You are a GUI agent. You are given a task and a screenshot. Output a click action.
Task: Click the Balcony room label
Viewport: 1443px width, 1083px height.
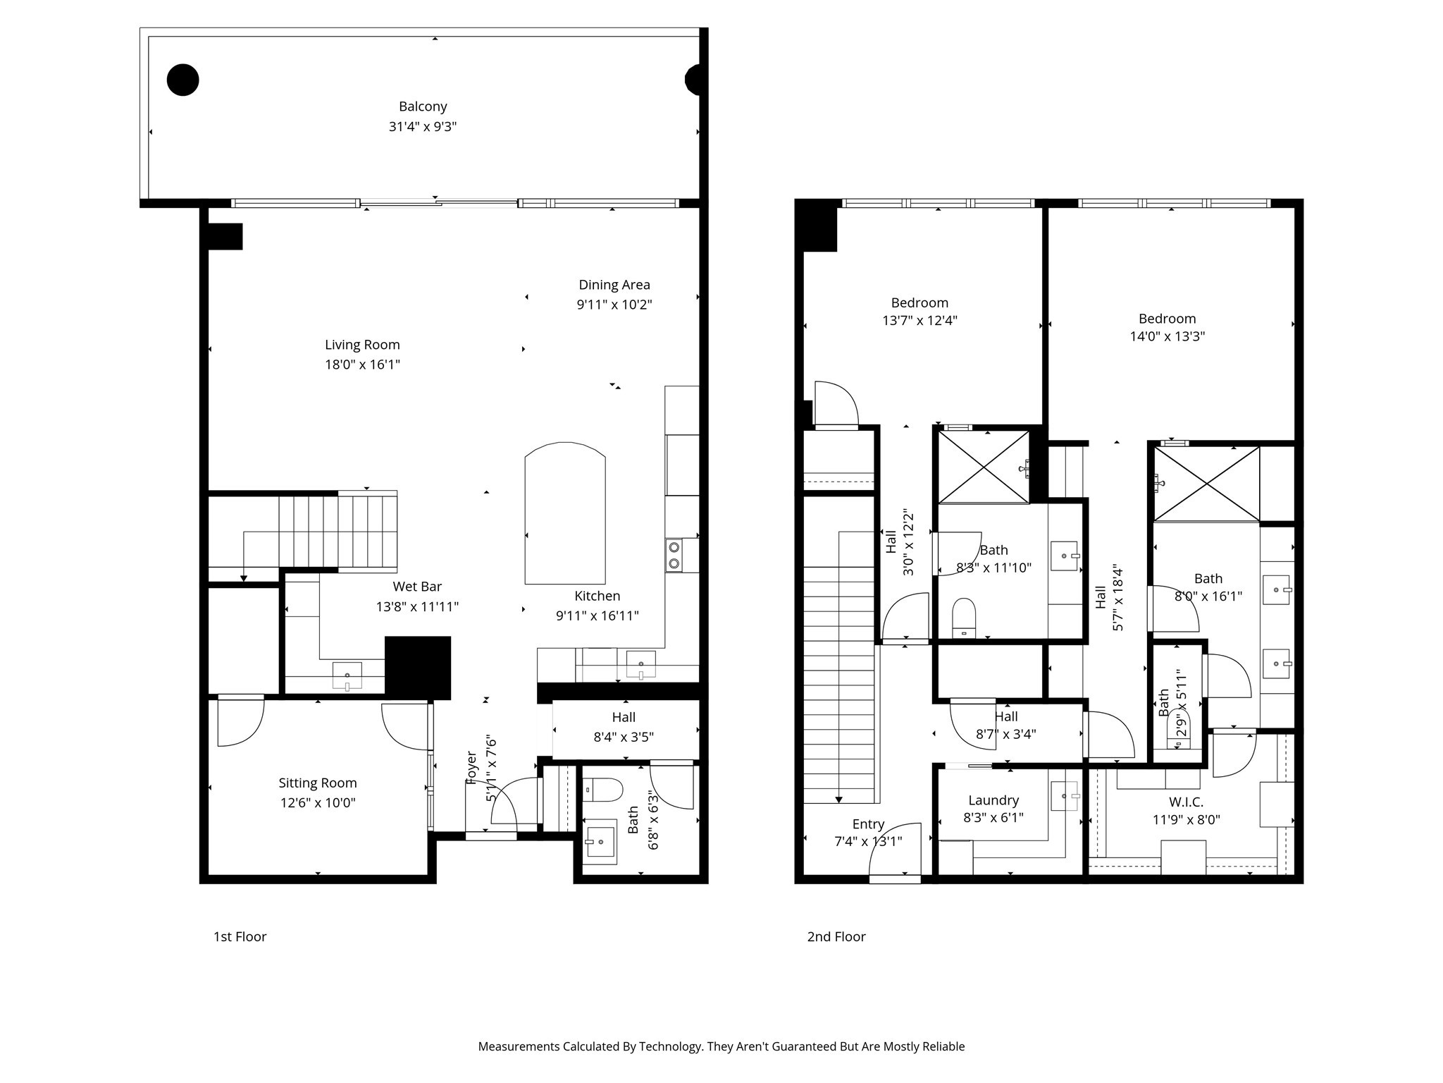coord(423,106)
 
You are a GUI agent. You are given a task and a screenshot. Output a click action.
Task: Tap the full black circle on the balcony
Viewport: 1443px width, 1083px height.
coord(182,80)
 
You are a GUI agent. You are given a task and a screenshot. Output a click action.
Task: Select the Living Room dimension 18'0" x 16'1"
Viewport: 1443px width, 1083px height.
coord(362,365)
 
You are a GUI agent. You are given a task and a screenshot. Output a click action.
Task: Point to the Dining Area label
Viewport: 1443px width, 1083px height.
coord(614,285)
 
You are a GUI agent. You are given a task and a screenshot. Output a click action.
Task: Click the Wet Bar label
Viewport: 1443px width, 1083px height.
coord(417,587)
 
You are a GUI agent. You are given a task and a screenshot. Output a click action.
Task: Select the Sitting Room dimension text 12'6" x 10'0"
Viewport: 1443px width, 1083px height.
coord(318,802)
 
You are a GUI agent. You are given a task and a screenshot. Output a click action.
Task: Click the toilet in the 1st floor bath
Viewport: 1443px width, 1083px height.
coord(602,790)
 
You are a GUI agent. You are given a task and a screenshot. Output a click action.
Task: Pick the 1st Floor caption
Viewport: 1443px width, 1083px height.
coord(240,936)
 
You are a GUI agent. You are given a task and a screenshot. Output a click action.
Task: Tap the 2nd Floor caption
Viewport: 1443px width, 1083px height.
coord(836,936)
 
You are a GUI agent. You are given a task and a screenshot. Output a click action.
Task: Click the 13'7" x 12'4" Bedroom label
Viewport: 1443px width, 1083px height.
coord(919,302)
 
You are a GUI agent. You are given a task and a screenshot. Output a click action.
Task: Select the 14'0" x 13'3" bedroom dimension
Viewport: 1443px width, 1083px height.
coord(1167,336)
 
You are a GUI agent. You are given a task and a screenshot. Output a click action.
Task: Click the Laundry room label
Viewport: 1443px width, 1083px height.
coord(993,800)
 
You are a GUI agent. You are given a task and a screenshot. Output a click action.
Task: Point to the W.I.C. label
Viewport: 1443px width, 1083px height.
coord(1186,802)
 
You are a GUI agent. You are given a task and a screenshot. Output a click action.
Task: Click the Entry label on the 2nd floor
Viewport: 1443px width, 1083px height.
coord(868,824)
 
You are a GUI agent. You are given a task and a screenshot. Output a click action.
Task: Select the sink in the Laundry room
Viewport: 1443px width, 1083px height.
coord(1063,796)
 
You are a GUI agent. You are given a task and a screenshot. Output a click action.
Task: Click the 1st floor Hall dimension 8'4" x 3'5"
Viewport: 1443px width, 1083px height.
coord(624,737)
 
